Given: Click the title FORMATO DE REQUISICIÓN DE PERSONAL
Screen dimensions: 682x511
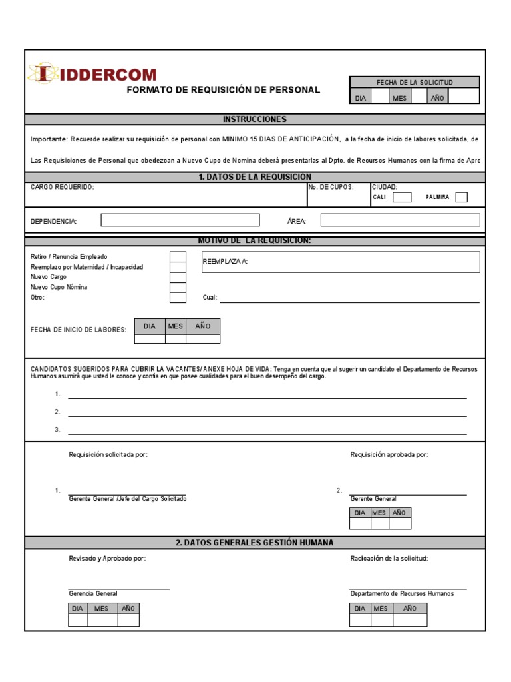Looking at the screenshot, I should pos(223,90).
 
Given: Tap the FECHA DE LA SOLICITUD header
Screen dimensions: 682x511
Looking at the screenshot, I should pos(414,82).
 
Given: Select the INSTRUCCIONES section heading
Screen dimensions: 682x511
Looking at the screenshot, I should pos(255,119).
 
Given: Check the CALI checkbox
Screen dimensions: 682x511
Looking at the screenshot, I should pos(402,197).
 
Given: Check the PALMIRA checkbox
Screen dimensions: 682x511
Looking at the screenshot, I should pos(461,197).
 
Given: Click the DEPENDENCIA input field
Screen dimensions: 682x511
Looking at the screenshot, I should pos(180,220).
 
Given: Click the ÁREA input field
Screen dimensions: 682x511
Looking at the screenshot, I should pos(400,220).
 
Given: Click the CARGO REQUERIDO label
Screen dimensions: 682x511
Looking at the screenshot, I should pos(63,188).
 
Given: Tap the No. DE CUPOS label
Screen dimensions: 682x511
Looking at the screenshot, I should pos(331,188).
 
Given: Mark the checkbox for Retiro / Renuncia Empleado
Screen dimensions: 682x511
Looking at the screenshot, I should pos(178,257).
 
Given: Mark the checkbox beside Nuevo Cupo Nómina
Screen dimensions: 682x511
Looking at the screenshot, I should pos(178,288).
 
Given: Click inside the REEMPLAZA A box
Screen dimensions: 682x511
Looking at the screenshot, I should pos(340,262).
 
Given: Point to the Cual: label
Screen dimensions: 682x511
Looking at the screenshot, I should pos(210,298).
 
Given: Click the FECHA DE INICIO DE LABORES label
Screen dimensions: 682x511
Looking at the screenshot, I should pos(79,330).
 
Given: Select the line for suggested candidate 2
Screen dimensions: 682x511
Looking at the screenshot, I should pos(267,412).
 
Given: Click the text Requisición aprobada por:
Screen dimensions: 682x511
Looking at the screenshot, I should pos(389,454).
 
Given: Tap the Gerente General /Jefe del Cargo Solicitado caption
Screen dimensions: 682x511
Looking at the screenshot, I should pos(128,499).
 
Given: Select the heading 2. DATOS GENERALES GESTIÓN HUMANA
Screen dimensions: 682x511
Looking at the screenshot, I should pos(255,543).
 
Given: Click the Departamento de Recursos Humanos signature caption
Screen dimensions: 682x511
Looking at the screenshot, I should pos(402,593).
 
